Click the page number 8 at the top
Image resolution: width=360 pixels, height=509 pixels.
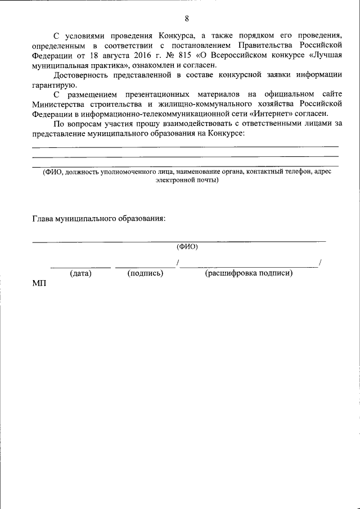(186, 17)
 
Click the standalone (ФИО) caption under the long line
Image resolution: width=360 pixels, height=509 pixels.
(187, 246)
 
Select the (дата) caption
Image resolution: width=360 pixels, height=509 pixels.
(80, 273)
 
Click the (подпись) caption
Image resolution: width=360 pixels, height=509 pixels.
(145, 273)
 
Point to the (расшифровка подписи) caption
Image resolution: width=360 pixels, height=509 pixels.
(249, 273)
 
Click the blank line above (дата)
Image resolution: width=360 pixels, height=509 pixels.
(80, 266)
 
